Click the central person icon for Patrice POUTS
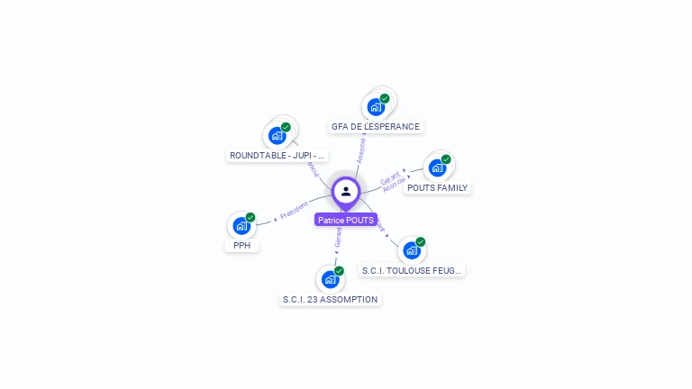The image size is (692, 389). (346, 192)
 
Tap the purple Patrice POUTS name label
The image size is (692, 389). (346, 220)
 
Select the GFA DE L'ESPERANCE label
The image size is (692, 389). (376, 127)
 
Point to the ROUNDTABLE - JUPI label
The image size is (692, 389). (277, 156)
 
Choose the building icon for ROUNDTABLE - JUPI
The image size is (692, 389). (278, 136)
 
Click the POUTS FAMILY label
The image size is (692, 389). (438, 188)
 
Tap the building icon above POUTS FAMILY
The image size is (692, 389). (438, 167)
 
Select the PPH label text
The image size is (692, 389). (241, 245)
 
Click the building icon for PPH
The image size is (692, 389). (241, 225)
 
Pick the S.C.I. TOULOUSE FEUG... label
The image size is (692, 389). (412, 270)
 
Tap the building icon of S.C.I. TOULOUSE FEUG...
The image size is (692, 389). (412, 250)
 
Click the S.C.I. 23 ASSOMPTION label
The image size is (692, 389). (330, 299)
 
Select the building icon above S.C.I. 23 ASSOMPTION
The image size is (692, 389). (331, 279)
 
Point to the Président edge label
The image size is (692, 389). (294, 211)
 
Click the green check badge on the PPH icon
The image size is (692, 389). (250, 217)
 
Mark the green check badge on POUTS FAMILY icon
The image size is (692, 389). (446, 159)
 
